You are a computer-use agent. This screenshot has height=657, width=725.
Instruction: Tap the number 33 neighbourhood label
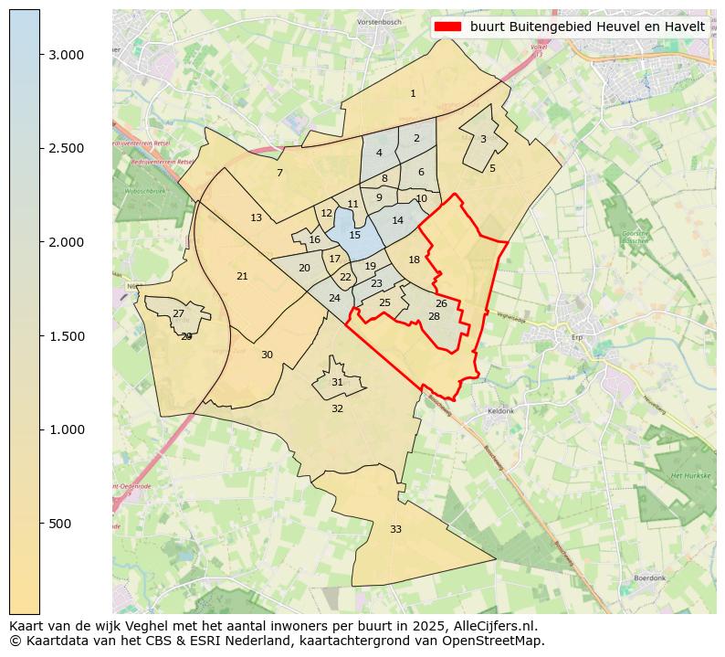(395, 529)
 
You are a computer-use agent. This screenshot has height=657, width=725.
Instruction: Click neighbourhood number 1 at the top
(413, 93)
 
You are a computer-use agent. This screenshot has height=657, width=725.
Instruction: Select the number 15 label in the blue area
(355, 235)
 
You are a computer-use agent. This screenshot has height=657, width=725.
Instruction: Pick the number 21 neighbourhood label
(242, 276)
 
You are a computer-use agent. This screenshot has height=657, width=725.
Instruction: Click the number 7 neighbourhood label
(279, 173)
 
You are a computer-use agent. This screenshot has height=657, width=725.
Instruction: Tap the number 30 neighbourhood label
(267, 355)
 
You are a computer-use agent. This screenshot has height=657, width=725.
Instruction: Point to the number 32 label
(337, 408)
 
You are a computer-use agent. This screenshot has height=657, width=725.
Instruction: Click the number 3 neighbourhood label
(483, 139)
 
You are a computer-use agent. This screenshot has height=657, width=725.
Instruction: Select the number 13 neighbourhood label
(256, 217)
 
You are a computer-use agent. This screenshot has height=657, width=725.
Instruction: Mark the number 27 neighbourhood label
(178, 313)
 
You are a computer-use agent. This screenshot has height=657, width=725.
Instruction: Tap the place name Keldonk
(501, 411)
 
